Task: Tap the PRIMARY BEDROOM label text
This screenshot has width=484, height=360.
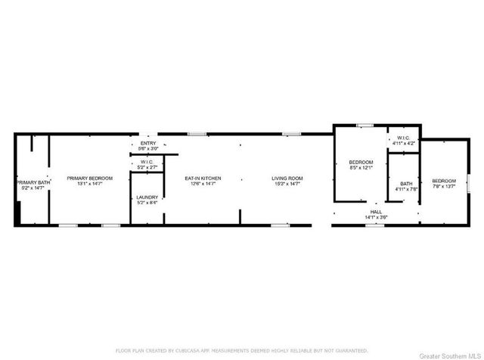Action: coord(89,178)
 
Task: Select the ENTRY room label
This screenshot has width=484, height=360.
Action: coord(147,143)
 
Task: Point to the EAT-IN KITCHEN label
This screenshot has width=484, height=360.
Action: coord(203,178)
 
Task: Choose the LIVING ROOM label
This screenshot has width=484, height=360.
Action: coord(287,178)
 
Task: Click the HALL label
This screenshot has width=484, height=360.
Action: coord(376,212)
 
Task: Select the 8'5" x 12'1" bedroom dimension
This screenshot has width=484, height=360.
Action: coord(361,168)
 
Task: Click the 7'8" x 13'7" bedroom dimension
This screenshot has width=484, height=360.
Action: coord(444,187)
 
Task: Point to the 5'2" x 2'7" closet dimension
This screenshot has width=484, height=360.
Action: coord(147,166)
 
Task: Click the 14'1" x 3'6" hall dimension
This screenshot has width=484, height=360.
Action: coord(376,218)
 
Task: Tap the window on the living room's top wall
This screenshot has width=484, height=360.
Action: coord(292,134)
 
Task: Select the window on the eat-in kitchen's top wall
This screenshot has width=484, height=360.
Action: coord(198,134)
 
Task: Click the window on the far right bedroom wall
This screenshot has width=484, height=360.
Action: coord(469,182)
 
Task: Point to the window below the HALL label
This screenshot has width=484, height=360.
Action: coord(371,225)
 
